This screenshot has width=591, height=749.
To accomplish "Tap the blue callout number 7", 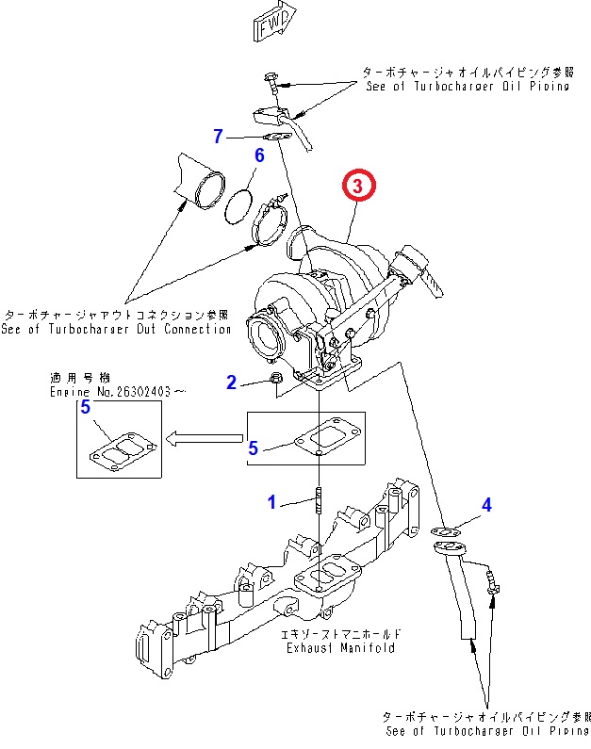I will (x=219, y=137).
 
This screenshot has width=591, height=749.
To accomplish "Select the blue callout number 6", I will (x=259, y=155).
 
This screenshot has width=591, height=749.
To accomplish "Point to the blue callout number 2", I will (x=230, y=382).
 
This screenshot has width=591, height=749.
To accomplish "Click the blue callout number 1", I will (x=271, y=502).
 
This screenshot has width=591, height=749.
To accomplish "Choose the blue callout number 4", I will (x=486, y=506).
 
